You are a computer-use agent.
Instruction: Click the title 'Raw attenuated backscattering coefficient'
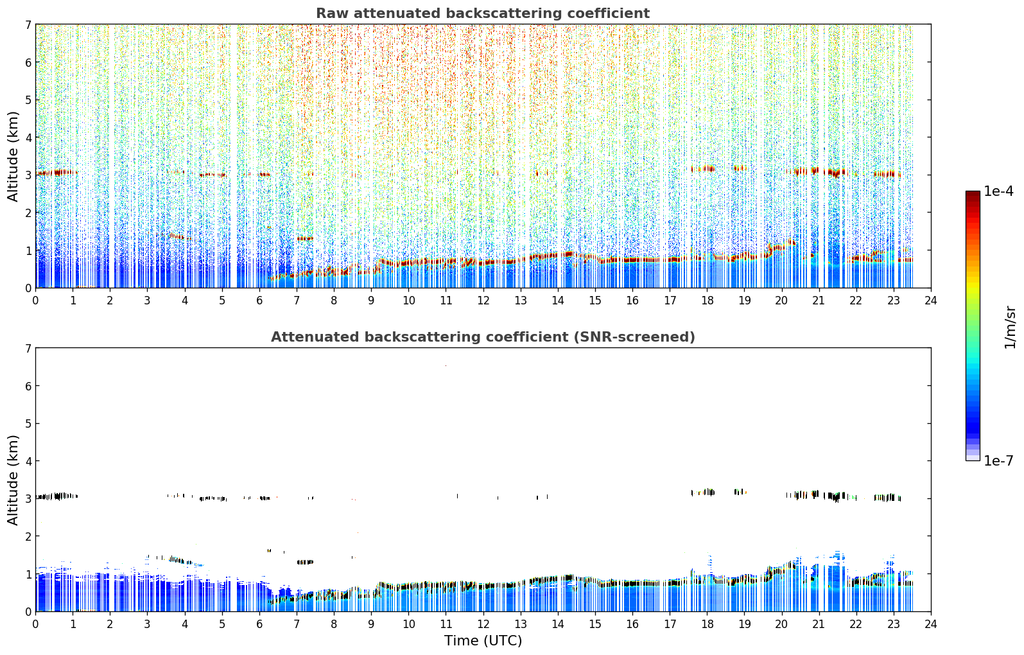tap(483, 13)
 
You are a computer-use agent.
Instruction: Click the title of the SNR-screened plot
tap(483, 337)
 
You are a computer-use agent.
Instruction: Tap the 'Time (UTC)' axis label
tap(483, 641)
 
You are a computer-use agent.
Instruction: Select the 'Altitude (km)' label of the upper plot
tap(13, 157)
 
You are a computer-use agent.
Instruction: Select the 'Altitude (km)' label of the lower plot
tap(13, 480)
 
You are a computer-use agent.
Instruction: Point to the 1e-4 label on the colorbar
tap(998, 191)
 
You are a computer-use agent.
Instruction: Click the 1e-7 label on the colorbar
tap(998, 460)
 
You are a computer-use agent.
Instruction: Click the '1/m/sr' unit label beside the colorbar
tap(1010, 327)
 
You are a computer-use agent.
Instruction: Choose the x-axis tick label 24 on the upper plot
tap(931, 301)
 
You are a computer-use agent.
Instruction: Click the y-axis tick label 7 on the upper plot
tap(28, 24)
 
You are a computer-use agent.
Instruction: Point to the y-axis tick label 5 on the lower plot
tap(28, 424)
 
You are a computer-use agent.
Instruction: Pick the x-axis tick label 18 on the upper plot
tap(707, 301)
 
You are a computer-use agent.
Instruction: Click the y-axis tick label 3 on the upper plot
tap(28, 175)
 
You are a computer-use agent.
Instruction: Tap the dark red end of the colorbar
tap(973, 194)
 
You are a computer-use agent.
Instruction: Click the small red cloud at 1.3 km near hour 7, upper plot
tap(304, 238)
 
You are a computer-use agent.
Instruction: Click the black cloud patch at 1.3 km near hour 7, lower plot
tap(305, 562)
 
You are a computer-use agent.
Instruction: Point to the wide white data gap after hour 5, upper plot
tap(234, 155)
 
